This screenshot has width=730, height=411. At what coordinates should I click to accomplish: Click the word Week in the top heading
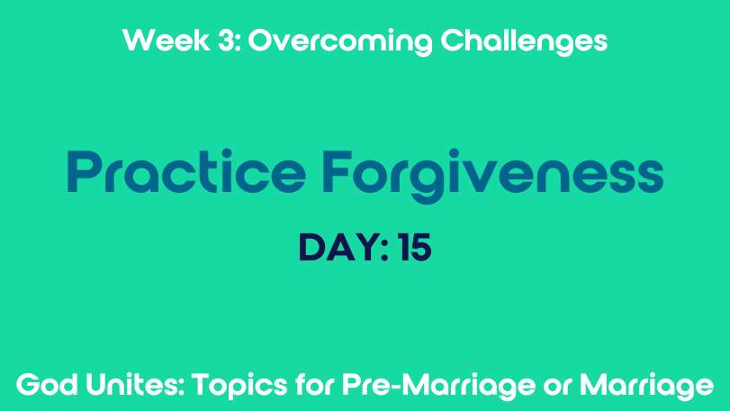click(x=167, y=40)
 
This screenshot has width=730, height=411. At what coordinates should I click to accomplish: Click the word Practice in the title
click(x=186, y=171)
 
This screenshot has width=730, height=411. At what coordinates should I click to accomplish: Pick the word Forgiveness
click(x=492, y=176)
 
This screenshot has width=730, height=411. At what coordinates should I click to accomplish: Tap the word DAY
click(x=339, y=248)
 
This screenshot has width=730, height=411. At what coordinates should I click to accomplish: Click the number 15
click(x=415, y=248)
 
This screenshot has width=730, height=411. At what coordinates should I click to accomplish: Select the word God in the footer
click(x=47, y=385)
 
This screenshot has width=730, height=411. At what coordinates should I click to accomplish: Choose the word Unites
click(x=133, y=385)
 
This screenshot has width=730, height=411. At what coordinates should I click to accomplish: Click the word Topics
click(x=239, y=387)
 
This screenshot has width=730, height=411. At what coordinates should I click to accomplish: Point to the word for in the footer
click(x=315, y=385)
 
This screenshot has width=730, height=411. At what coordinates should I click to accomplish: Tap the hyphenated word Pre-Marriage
click(x=439, y=387)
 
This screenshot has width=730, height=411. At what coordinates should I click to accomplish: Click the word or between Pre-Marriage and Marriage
click(x=557, y=388)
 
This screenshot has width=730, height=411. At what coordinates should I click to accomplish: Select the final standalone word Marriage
click(x=646, y=387)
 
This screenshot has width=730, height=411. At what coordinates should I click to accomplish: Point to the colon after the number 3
click(x=238, y=43)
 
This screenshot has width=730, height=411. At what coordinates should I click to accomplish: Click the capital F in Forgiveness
click(x=336, y=171)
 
